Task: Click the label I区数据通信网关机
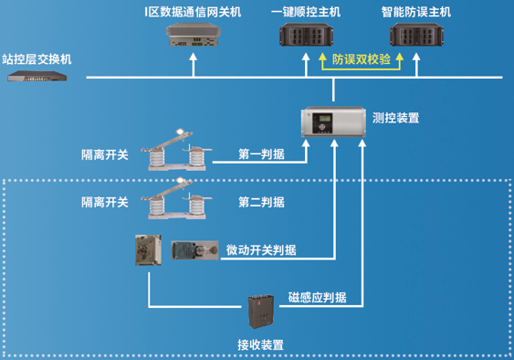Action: tap(193, 12)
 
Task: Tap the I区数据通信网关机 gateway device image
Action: tap(194, 35)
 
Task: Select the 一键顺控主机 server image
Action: tap(306, 35)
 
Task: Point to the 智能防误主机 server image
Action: tap(416, 35)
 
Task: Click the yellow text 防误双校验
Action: tap(362, 59)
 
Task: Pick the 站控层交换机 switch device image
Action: tap(37, 76)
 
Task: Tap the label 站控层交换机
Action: tap(37, 59)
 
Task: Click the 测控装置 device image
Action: tap(333, 122)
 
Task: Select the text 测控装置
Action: tap(395, 118)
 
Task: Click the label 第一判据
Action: tap(261, 154)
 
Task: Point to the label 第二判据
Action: tap(261, 202)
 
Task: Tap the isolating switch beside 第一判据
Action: tap(177, 150)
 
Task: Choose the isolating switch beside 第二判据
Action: tap(177, 198)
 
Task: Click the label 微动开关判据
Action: tap(261, 250)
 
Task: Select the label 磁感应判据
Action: tap(317, 297)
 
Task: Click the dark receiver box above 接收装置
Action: tap(261, 311)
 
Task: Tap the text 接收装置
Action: tap(260, 344)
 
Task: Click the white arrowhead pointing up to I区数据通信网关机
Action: tap(194, 57)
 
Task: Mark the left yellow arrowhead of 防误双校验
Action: tap(323, 58)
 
